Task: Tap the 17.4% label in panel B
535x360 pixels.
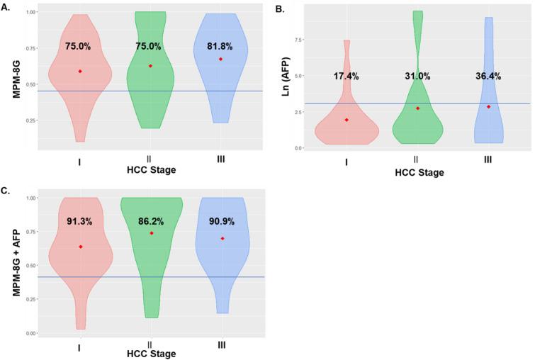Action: tap(347, 76)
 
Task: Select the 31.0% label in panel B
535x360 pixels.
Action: tap(418, 76)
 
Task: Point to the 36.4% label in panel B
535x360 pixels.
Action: tap(489, 76)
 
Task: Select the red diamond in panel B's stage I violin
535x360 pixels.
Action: tap(347, 120)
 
